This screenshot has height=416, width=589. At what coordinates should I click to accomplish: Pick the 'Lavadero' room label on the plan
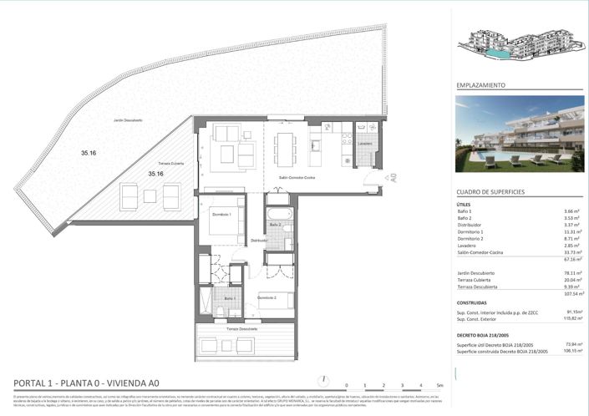[365, 144]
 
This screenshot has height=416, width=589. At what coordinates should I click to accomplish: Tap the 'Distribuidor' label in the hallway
[260, 240]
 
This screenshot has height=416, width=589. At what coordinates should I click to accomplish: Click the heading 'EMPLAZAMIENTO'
[481, 85]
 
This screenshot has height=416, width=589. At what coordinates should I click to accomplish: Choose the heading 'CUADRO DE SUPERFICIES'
[490, 192]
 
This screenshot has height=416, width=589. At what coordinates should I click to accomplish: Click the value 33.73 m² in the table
[572, 253]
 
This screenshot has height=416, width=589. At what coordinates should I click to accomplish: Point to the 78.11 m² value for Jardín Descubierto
[572, 273]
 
